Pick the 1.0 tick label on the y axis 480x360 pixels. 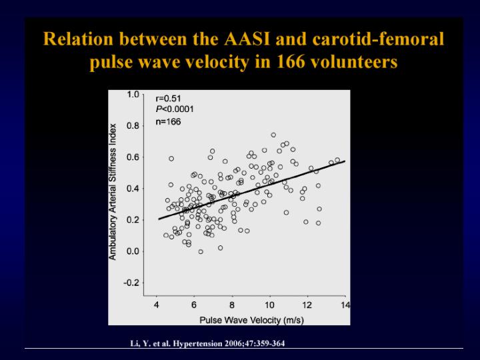(133, 95)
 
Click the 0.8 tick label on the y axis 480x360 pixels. (133, 125)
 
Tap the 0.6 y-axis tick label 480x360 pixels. (133, 157)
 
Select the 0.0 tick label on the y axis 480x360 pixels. (133, 251)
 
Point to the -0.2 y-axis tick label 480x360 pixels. (131, 283)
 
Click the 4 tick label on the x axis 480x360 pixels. (156, 305)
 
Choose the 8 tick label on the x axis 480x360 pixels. (232, 305)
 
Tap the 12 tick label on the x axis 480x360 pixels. (307, 305)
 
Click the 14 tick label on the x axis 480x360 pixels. (345, 305)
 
